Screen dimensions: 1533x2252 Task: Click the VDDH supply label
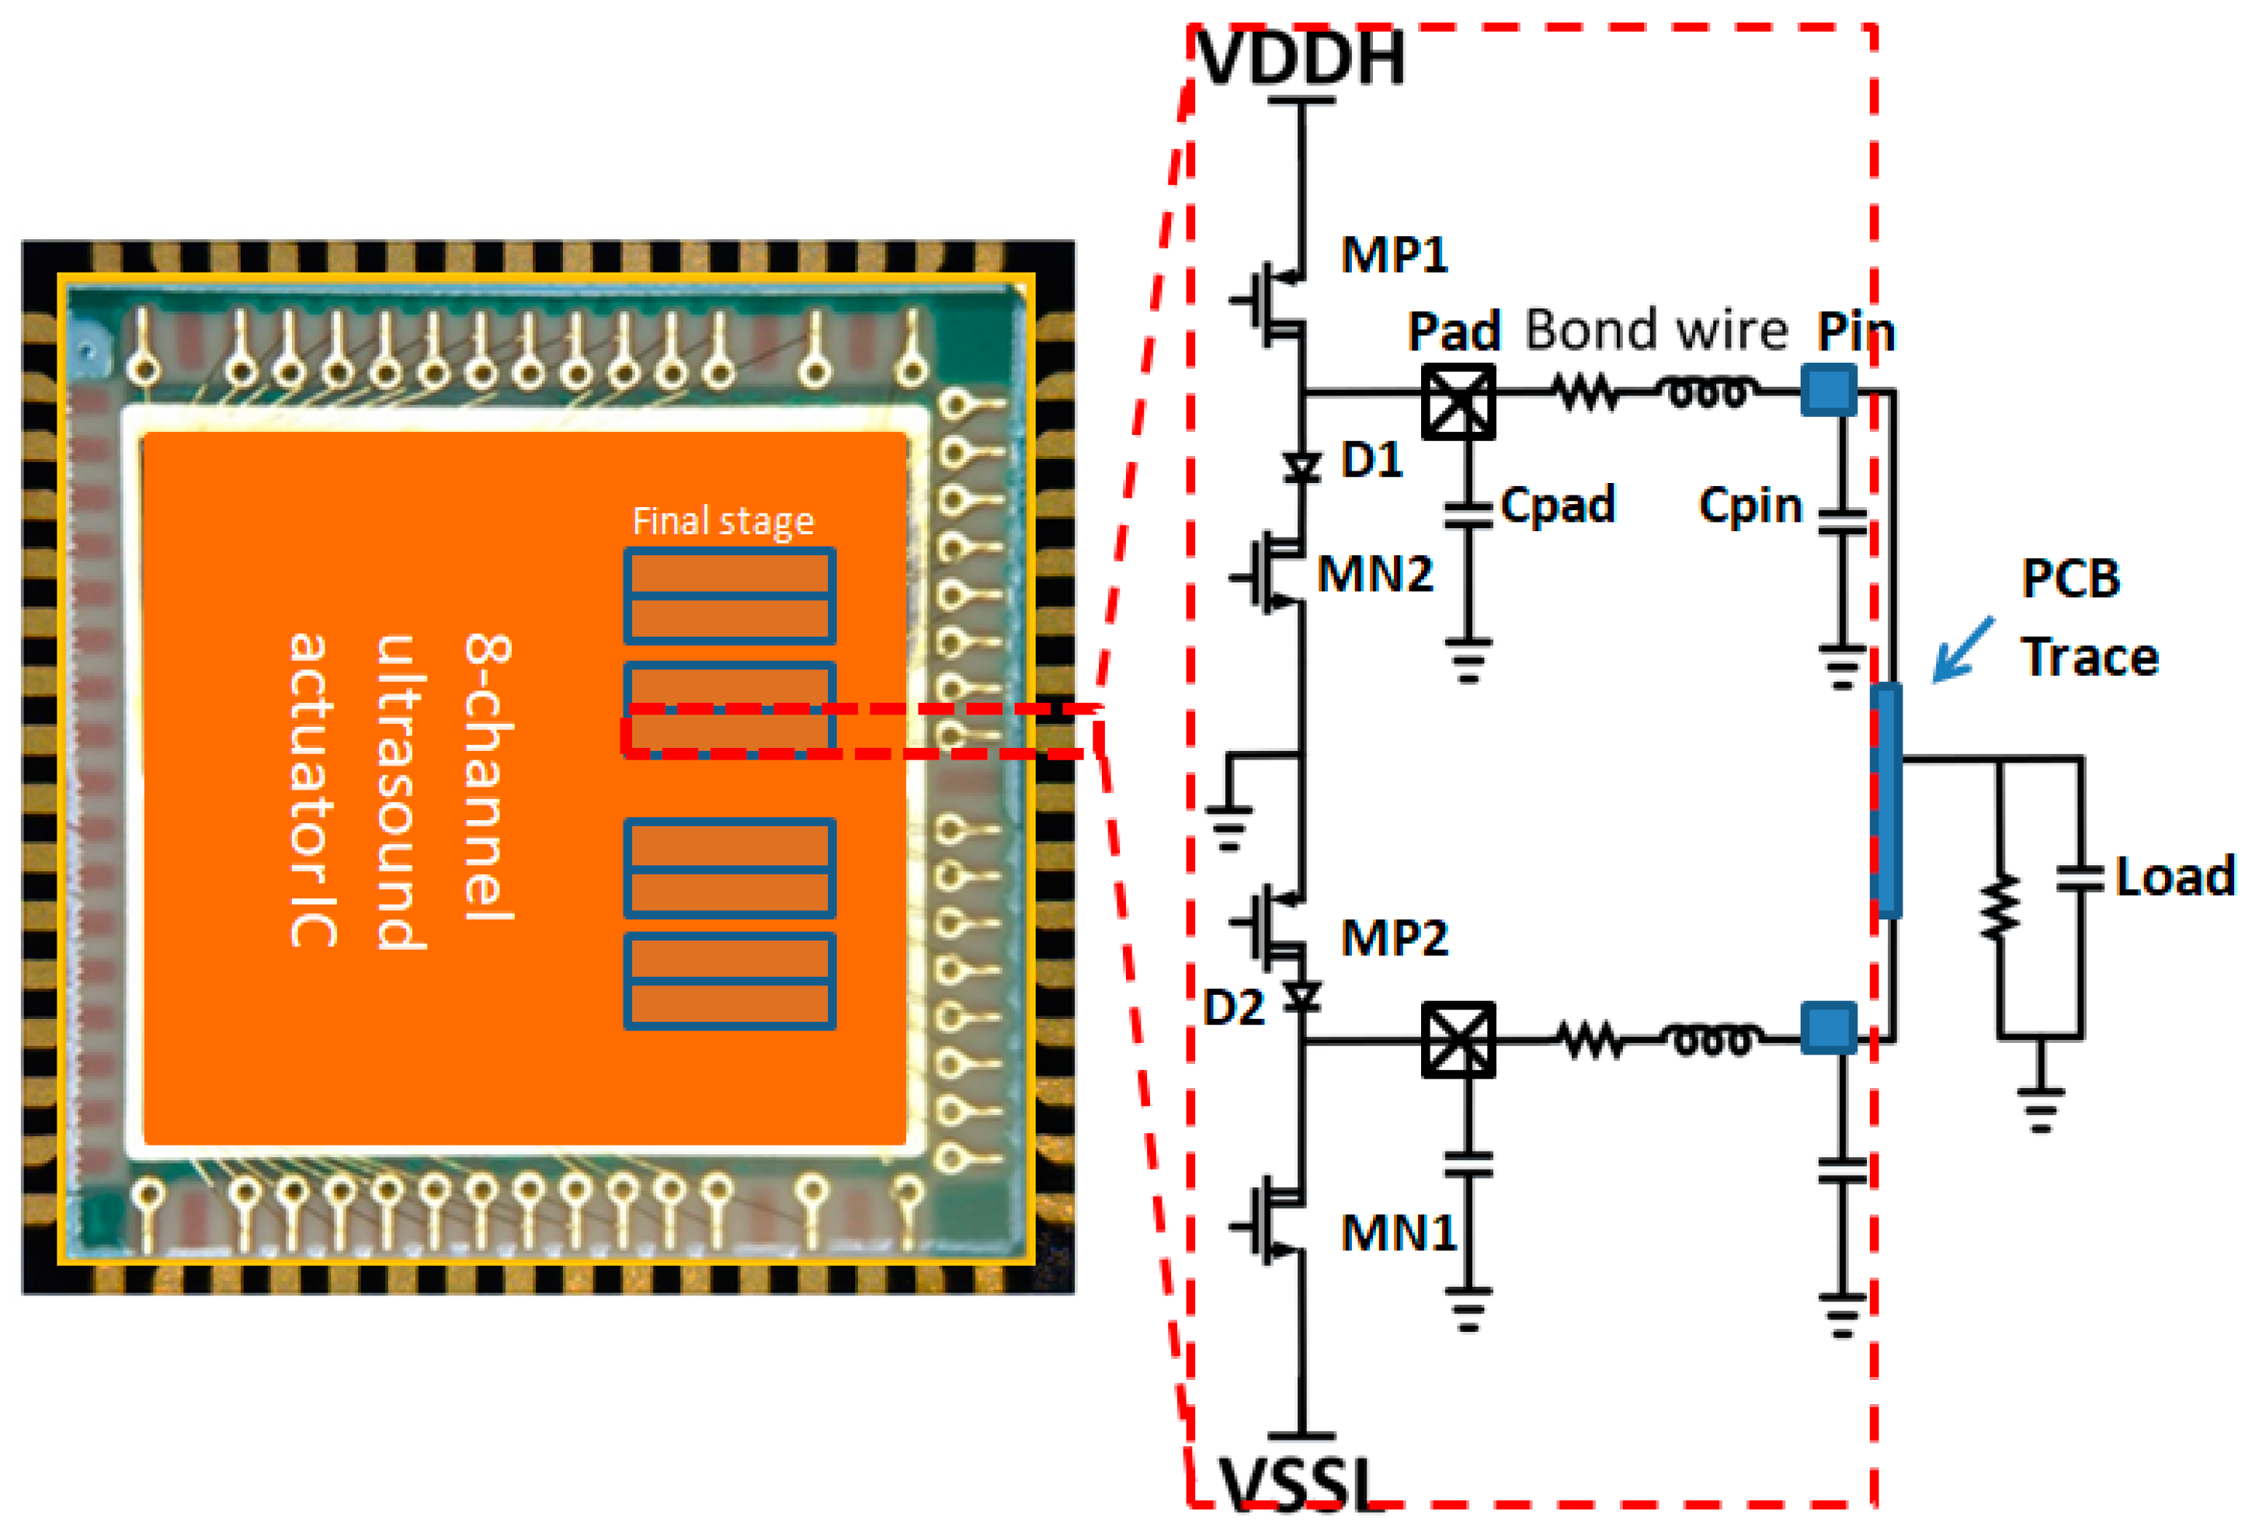coord(1302,58)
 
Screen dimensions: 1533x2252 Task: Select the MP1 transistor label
coord(1393,255)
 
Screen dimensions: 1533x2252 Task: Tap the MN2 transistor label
coord(1374,575)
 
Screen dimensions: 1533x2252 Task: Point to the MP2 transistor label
coord(1393,938)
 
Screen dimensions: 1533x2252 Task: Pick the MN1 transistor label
coord(1399,1233)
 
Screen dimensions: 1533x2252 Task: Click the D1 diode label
coord(1372,459)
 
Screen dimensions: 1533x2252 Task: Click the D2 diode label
coord(1232,1009)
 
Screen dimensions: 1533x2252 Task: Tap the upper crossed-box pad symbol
coord(1458,400)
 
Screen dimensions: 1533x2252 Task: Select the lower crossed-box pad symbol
coord(1458,1040)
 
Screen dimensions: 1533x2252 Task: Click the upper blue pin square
coord(1827,391)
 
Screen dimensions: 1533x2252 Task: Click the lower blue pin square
coord(1827,1029)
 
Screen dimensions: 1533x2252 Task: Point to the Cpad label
coord(1557,505)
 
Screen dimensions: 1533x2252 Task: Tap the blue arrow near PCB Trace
coord(1962,649)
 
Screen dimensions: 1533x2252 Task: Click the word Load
coord(2174,877)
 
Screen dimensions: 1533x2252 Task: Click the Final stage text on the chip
coord(723,521)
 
